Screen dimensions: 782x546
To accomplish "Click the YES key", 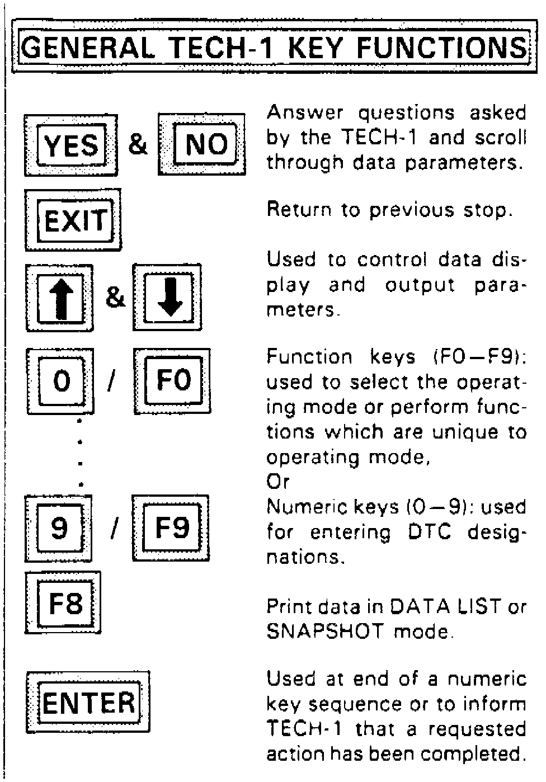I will click(x=71, y=145).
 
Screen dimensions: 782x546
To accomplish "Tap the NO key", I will click(x=202, y=144).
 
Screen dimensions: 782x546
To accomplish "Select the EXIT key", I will click(x=73, y=220).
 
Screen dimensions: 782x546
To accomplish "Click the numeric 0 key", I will click(x=60, y=381).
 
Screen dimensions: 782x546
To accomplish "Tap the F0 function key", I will click(x=172, y=381).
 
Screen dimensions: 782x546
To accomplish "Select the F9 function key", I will click(x=171, y=527).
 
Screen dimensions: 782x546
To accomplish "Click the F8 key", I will click(x=64, y=603).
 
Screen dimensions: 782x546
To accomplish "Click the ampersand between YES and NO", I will click(x=138, y=144).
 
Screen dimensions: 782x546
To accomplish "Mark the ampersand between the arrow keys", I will click(x=115, y=296).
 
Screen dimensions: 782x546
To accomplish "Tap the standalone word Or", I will click(x=278, y=481).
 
